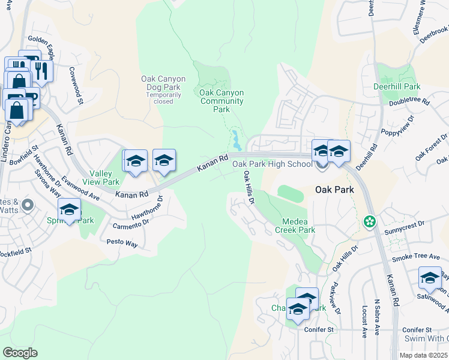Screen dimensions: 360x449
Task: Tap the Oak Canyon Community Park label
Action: [x=221, y=101]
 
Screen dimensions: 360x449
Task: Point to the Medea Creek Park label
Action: [x=295, y=225]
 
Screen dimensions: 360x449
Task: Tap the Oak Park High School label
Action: [x=272, y=164]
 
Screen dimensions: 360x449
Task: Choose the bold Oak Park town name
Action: [x=334, y=189]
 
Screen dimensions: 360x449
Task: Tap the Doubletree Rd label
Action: [x=409, y=101]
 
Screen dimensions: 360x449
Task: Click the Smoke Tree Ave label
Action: [x=416, y=257]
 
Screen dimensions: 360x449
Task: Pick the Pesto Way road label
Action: [x=122, y=244]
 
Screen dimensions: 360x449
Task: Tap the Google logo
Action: [x=20, y=352]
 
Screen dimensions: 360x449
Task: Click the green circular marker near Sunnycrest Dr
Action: [x=370, y=222]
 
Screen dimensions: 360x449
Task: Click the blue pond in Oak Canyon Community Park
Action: [x=237, y=142]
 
